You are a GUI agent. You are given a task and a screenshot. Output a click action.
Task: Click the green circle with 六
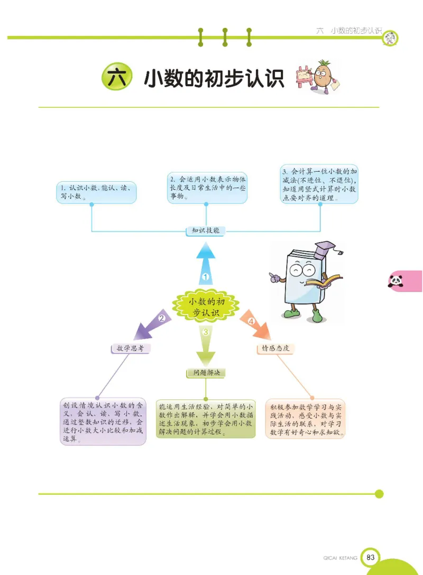tap(116, 78)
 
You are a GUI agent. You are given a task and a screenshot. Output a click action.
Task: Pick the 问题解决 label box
tap(206, 373)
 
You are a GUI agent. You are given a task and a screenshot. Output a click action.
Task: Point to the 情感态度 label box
tap(275, 348)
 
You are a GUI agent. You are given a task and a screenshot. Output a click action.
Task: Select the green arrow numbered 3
tap(206, 344)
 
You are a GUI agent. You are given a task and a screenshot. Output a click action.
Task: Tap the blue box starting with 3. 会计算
tap(319, 184)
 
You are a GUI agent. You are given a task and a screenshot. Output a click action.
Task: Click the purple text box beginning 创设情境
tap(103, 422)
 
